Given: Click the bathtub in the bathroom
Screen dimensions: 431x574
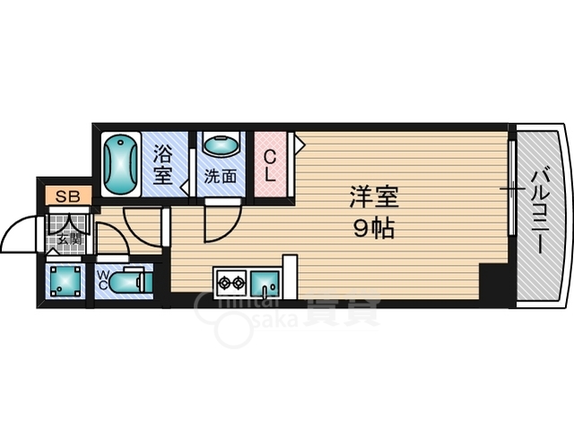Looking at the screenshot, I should tap(119, 164).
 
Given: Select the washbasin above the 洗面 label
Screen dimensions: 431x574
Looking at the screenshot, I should tap(220, 145).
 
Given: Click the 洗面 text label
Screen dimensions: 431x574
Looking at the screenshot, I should tap(219, 175).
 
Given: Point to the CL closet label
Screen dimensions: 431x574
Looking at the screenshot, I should tap(269, 163).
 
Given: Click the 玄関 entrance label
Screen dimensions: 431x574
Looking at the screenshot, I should tap(69, 239).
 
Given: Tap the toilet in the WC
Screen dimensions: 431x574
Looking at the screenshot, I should tap(129, 282).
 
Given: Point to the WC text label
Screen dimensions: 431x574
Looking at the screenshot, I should tap(103, 279).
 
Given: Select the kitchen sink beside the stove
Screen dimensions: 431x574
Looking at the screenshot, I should tap(264, 284).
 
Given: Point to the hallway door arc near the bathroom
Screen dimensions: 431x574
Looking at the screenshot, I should tap(141, 228).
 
